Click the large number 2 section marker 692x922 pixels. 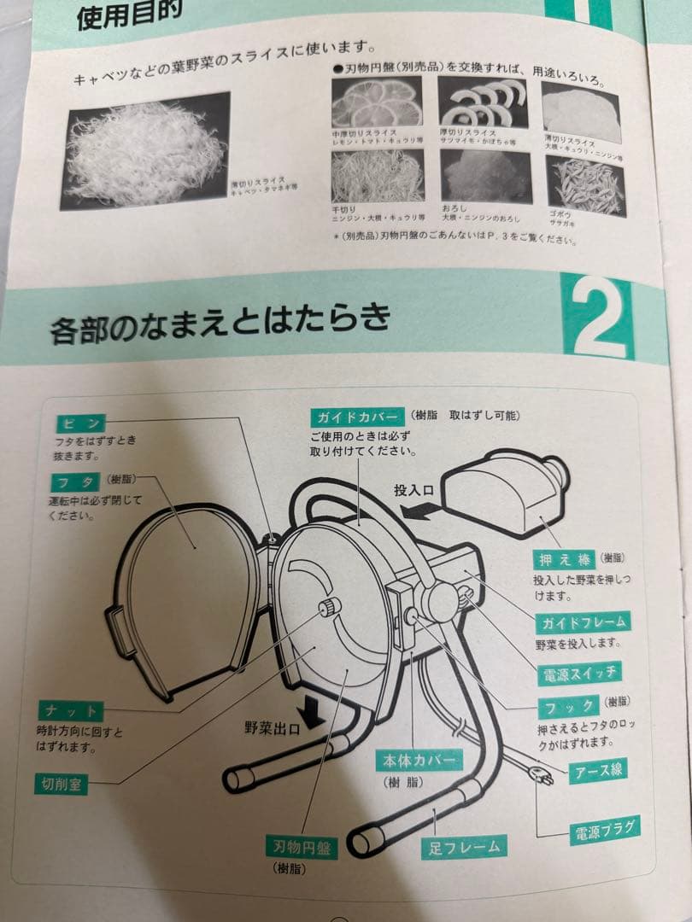point(597,318)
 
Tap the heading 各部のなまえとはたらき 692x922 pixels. point(220,322)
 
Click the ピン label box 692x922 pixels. point(82,423)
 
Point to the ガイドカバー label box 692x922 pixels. point(357,417)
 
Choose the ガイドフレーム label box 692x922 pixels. point(584,621)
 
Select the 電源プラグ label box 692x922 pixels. point(605,829)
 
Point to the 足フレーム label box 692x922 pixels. point(462,847)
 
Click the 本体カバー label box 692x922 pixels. point(418,760)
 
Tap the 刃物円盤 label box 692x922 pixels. point(302,848)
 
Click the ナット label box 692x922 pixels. point(71,710)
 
